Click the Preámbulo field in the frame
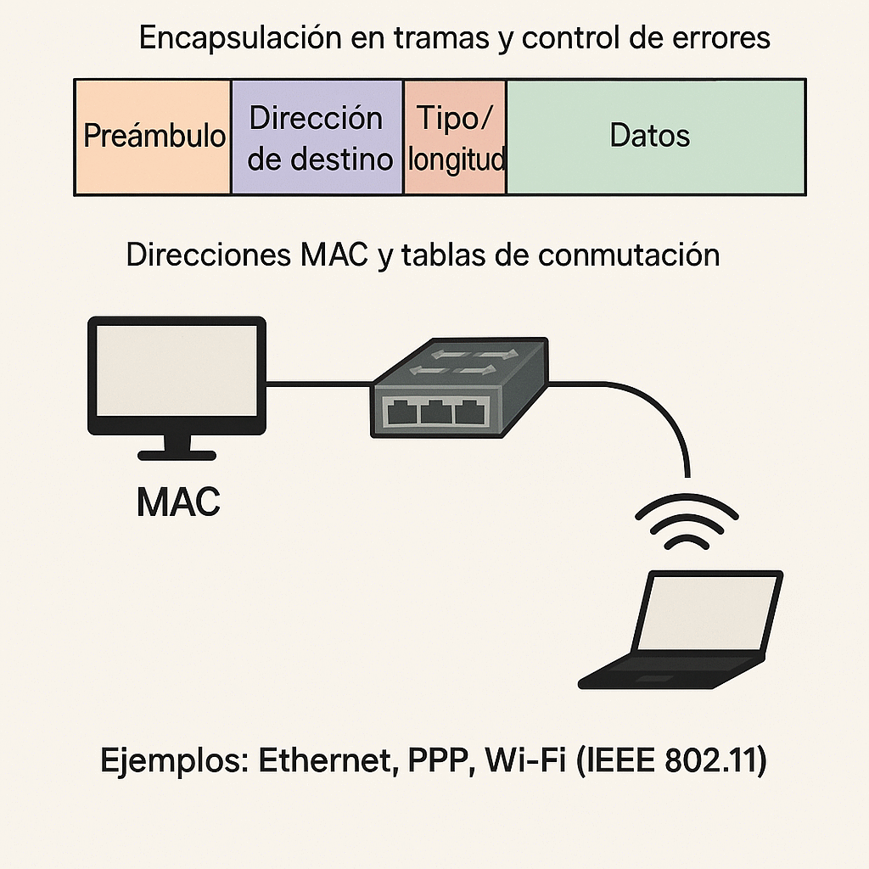pyautogui.click(x=153, y=137)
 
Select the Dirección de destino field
pyautogui.click(x=317, y=137)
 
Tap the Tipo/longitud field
pyautogui.click(x=455, y=137)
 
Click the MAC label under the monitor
pyautogui.click(x=178, y=502)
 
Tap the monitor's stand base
pyautogui.click(x=177, y=454)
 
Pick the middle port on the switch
pyautogui.click(x=436, y=413)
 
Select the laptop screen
pyautogui.click(x=708, y=613)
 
